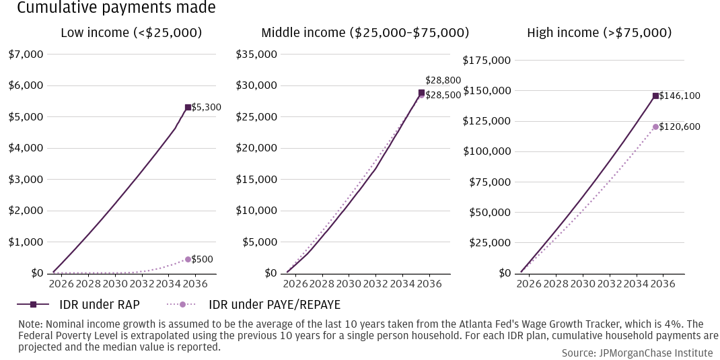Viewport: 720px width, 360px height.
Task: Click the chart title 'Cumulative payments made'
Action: pyautogui.click(x=116, y=8)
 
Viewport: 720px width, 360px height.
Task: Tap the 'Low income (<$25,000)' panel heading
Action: pyautogui.click(x=131, y=32)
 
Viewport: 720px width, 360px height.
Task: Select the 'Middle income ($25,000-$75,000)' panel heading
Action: pyautogui.click(x=365, y=32)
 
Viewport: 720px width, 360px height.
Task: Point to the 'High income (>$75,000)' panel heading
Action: pyautogui.click(x=599, y=32)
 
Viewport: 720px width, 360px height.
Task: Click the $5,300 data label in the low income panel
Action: pyautogui.click(x=207, y=107)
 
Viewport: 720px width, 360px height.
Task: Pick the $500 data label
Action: pyautogui.click(x=202, y=259)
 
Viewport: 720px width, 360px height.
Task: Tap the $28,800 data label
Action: pyautogui.click(x=443, y=80)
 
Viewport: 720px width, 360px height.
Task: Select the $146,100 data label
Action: pyautogui.click(x=680, y=96)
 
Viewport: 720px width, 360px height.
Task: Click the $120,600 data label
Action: pyautogui.click(x=680, y=127)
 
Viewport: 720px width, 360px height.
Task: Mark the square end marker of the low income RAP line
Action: pyautogui.click(x=188, y=107)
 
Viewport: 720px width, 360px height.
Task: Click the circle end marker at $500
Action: pyautogui.click(x=188, y=259)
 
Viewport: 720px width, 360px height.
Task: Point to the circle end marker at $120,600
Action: pyautogui.click(x=655, y=127)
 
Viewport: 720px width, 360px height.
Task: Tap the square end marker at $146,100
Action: pyautogui.click(x=655, y=96)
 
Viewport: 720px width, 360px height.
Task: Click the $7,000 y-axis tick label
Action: pyautogui.click(x=26, y=54)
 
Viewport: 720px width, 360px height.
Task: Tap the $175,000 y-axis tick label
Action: pyautogui.click(x=487, y=61)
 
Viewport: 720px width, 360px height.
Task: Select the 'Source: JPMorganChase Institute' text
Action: pyautogui.click(x=637, y=353)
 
